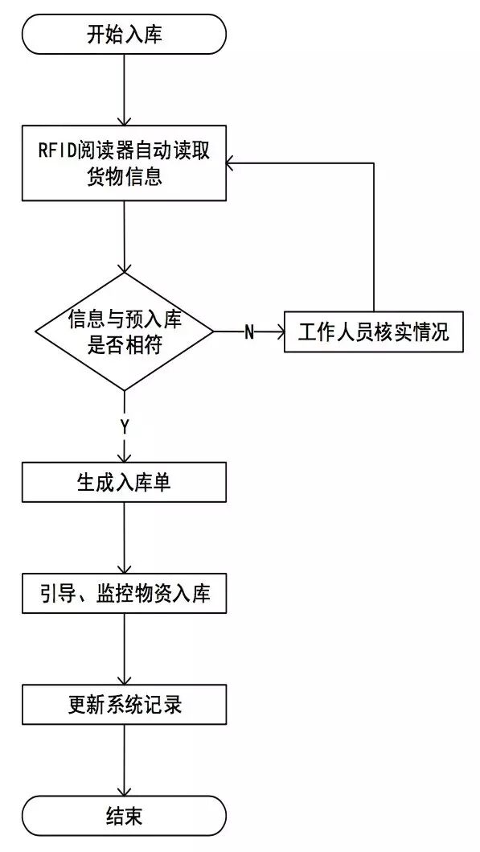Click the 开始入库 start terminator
[x=125, y=35]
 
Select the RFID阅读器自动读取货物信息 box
[x=125, y=163]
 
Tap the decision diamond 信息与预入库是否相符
[x=125, y=331]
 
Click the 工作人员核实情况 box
[x=373, y=331]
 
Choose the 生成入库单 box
[x=125, y=483]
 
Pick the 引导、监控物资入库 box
[x=125, y=594]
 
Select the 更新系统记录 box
[x=125, y=705]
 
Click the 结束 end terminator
[x=125, y=816]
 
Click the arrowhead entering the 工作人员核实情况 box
[x=277, y=331]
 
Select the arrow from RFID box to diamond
[x=125, y=237]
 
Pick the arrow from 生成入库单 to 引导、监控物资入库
[x=125, y=538]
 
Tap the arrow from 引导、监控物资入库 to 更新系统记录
[x=125, y=649]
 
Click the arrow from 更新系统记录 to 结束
[x=125, y=760]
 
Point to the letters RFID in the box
[x=55, y=151]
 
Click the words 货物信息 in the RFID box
[x=125, y=176]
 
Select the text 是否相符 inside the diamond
[x=125, y=344]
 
